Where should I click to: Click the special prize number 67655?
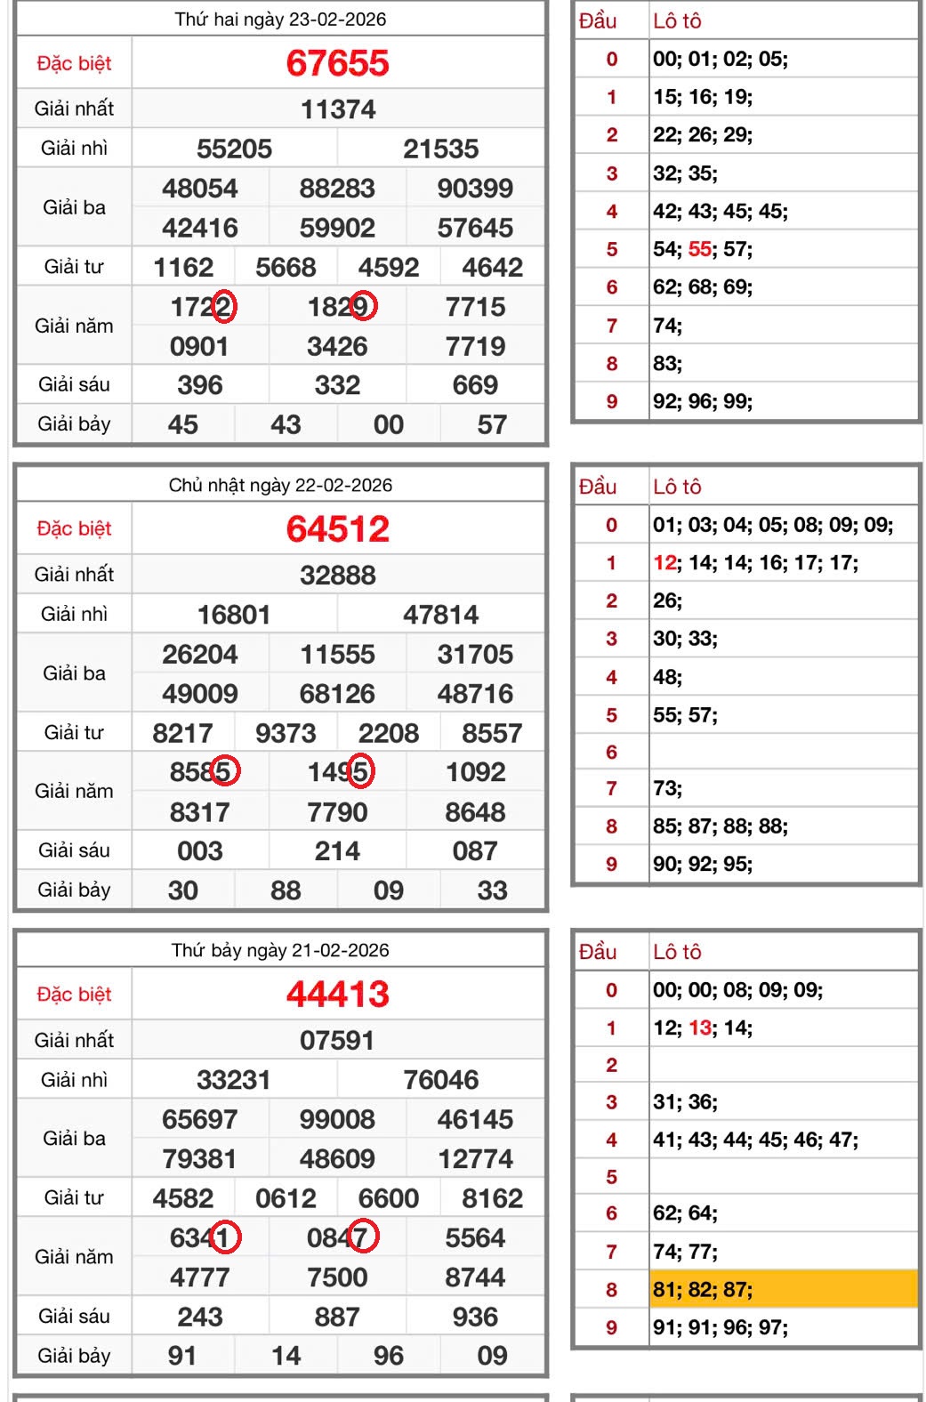337,63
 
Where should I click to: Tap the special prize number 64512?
337,529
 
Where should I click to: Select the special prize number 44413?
337,994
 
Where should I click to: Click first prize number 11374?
338,109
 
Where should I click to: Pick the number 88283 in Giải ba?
337,189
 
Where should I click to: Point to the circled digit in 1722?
224,307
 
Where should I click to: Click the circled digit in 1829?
363,307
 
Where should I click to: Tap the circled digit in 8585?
225,771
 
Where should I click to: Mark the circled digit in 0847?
363,1237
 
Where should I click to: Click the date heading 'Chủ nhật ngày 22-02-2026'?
280,485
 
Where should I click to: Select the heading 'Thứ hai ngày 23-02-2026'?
280,20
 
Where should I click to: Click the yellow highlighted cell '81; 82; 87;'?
783,1289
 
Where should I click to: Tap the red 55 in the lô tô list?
699,249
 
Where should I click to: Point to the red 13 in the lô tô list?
699,1028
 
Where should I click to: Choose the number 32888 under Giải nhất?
337,576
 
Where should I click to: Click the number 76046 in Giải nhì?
440,1080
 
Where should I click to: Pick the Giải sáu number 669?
475,385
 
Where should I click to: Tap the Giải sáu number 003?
200,851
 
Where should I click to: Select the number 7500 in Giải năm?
337,1277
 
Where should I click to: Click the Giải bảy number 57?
492,424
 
